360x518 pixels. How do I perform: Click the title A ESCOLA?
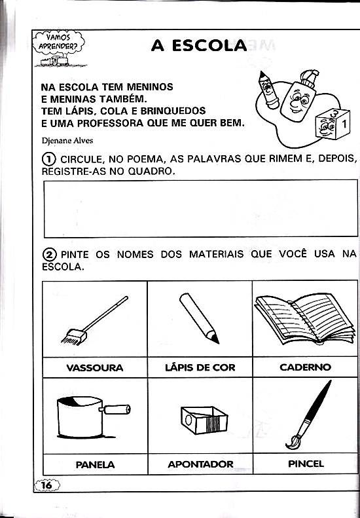(199, 46)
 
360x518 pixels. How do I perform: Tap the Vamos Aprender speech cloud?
(59, 43)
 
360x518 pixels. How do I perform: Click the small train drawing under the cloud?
(54, 62)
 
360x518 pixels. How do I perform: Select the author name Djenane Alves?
(67, 141)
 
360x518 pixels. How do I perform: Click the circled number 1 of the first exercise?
(48, 160)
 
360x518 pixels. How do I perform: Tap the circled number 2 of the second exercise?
(50, 255)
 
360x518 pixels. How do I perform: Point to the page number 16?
(47, 485)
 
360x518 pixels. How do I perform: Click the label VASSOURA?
(95, 367)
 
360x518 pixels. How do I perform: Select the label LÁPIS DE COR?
(200, 367)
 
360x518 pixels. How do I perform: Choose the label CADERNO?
(305, 367)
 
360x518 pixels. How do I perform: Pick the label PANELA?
(95, 465)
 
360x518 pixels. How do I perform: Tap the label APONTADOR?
(200, 464)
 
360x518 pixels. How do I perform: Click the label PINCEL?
(306, 464)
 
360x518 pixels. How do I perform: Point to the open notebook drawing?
(305, 319)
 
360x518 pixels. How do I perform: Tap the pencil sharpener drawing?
(204, 420)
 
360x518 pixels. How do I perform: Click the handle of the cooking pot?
(117, 409)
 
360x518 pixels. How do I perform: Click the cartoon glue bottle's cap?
(309, 79)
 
